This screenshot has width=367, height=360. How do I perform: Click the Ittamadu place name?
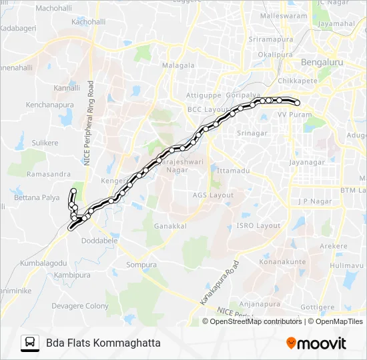(x=233, y=171)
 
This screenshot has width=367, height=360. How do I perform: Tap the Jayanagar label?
(x=306, y=162)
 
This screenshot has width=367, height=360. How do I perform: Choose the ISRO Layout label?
(x=258, y=226)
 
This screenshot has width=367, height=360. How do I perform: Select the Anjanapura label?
(x=261, y=304)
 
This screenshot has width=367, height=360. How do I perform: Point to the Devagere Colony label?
(x=79, y=306)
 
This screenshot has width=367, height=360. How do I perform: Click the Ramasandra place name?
(x=49, y=174)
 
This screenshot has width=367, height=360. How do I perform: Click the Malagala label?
(x=177, y=65)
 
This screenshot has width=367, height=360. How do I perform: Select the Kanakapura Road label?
(x=218, y=280)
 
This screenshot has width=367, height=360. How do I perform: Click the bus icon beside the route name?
(x=30, y=343)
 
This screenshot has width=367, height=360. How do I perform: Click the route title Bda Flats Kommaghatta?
(x=103, y=343)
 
